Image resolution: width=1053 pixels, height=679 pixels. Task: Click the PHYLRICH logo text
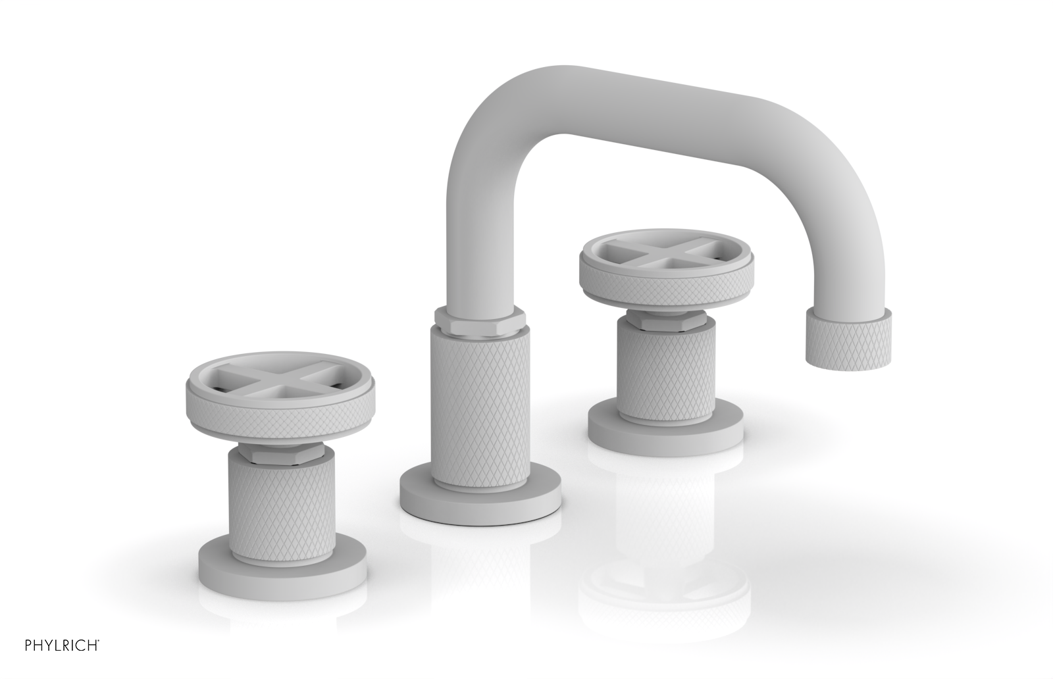pos(51,660)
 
